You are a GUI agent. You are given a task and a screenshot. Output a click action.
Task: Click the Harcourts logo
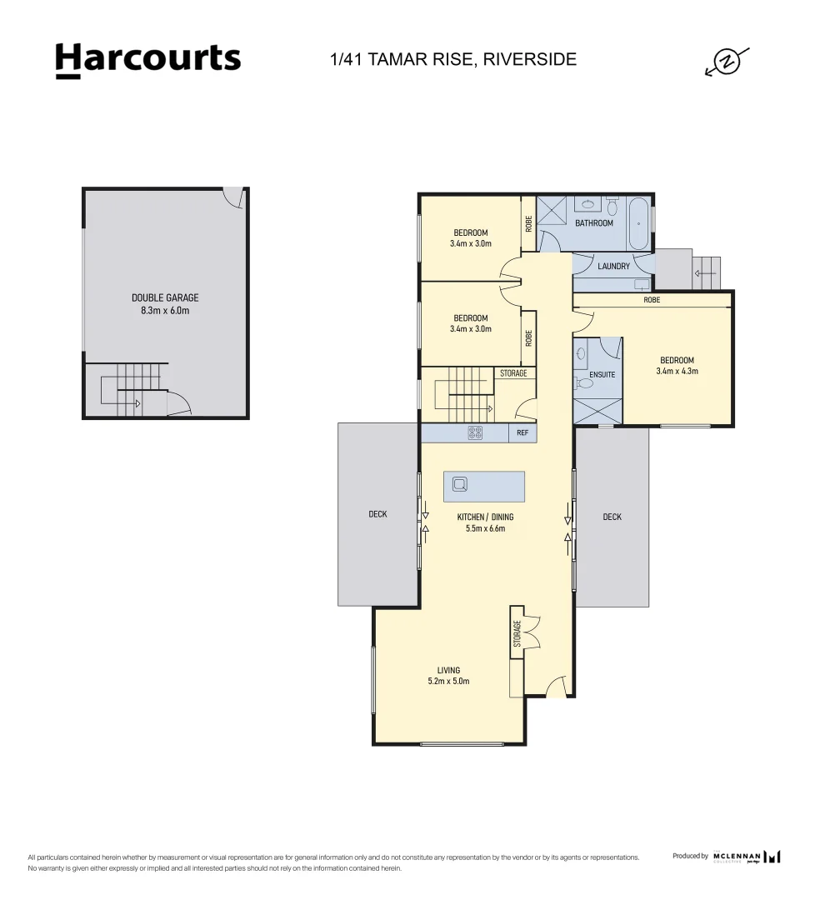pyautogui.click(x=148, y=60)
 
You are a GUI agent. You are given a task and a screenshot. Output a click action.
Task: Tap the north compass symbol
pyautogui.click(x=727, y=62)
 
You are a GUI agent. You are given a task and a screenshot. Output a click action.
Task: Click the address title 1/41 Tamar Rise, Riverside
pyautogui.click(x=453, y=59)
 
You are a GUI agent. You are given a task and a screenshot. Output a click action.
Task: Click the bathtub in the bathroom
pyautogui.click(x=638, y=222)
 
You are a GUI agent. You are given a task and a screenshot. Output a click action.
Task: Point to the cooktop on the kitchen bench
pyautogui.click(x=475, y=432)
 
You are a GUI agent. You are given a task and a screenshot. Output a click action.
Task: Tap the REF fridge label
pyautogui.click(x=522, y=433)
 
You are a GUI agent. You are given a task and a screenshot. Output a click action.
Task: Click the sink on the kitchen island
pyautogui.click(x=460, y=483)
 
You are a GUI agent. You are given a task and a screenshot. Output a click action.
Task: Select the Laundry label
pyautogui.click(x=613, y=267)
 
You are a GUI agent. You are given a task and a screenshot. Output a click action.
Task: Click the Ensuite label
pyautogui.click(x=602, y=374)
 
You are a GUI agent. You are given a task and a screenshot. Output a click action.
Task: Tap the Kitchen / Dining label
pyautogui.click(x=485, y=517)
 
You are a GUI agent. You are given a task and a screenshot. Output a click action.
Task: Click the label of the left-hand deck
pyautogui.click(x=377, y=514)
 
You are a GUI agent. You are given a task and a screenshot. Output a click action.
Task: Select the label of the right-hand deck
pyautogui.click(x=612, y=517)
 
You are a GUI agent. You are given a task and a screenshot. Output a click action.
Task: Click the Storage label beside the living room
pyautogui.click(x=517, y=634)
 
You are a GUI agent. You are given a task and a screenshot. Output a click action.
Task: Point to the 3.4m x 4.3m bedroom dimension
pyautogui.click(x=677, y=371)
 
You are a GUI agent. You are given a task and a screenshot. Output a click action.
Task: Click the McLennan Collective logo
pyautogui.click(x=747, y=856)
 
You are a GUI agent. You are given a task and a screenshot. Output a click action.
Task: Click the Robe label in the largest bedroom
pyautogui.click(x=652, y=299)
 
